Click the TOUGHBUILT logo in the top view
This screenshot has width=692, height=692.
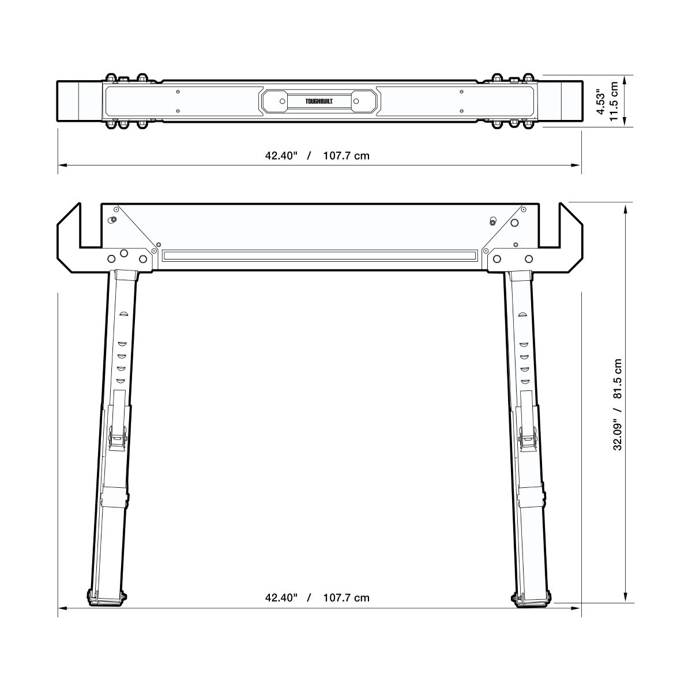point(319,101)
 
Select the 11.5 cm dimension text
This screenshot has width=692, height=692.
point(614,101)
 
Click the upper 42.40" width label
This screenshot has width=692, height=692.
point(281,156)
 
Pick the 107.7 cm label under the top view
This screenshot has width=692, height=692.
point(346,156)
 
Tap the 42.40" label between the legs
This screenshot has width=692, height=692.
point(281,597)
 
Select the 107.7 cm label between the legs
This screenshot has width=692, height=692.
point(346,597)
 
